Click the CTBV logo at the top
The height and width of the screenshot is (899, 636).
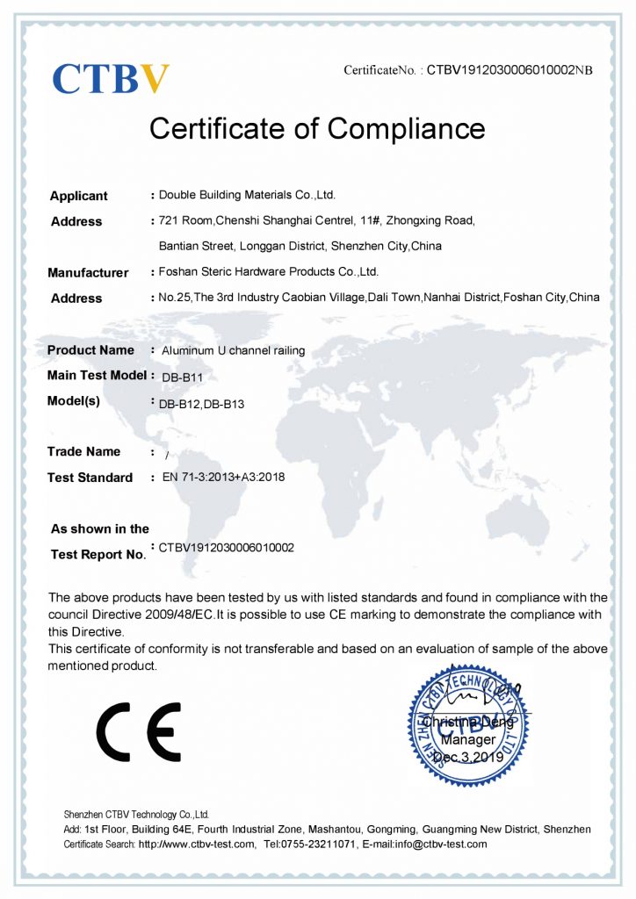click(111, 78)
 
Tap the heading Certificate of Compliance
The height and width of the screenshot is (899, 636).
click(317, 128)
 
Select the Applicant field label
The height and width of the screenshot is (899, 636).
click(79, 196)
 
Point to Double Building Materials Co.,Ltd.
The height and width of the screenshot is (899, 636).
click(247, 195)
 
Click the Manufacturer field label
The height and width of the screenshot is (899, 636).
click(88, 273)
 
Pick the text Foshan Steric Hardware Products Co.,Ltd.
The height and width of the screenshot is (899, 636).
click(268, 272)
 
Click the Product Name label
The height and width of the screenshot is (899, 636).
click(90, 350)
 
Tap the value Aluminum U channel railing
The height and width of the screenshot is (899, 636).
click(234, 350)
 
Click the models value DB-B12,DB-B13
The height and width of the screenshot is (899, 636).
click(201, 405)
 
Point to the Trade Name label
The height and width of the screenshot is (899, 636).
click(84, 452)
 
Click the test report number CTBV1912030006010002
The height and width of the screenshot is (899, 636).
click(227, 548)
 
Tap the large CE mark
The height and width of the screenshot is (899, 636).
click(139, 731)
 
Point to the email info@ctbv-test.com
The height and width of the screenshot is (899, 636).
click(436, 845)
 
